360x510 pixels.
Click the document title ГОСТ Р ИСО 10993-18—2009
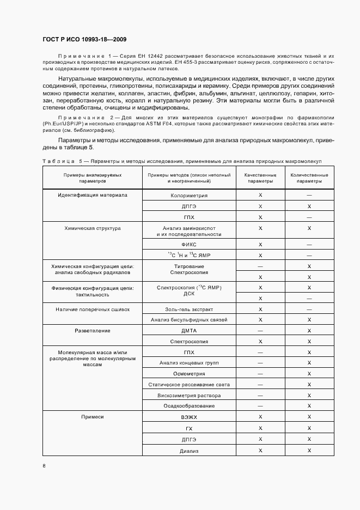[85, 40]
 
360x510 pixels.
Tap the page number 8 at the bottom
[44, 465]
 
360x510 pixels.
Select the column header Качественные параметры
[260, 178]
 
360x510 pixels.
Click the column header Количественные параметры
[309, 178]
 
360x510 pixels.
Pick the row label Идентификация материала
[93, 195]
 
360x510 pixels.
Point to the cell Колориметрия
[189, 195]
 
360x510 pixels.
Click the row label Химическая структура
[93, 228]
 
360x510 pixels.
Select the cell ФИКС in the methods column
[189, 245]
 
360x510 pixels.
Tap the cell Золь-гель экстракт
[189, 309]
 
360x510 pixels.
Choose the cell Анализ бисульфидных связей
[189, 320]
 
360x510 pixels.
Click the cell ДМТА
[189, 331]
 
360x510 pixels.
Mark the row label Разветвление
[93, 331]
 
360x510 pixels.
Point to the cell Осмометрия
[189, 374]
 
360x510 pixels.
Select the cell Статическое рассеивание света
[189, 384]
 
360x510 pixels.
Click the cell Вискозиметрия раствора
[189, 395]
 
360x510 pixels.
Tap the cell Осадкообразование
[189, 406]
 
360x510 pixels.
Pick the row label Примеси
[93, 417]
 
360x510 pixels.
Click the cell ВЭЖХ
[189, 417]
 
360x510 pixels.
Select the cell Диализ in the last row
[189, 451]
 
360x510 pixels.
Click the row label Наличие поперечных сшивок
[93, 309]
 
